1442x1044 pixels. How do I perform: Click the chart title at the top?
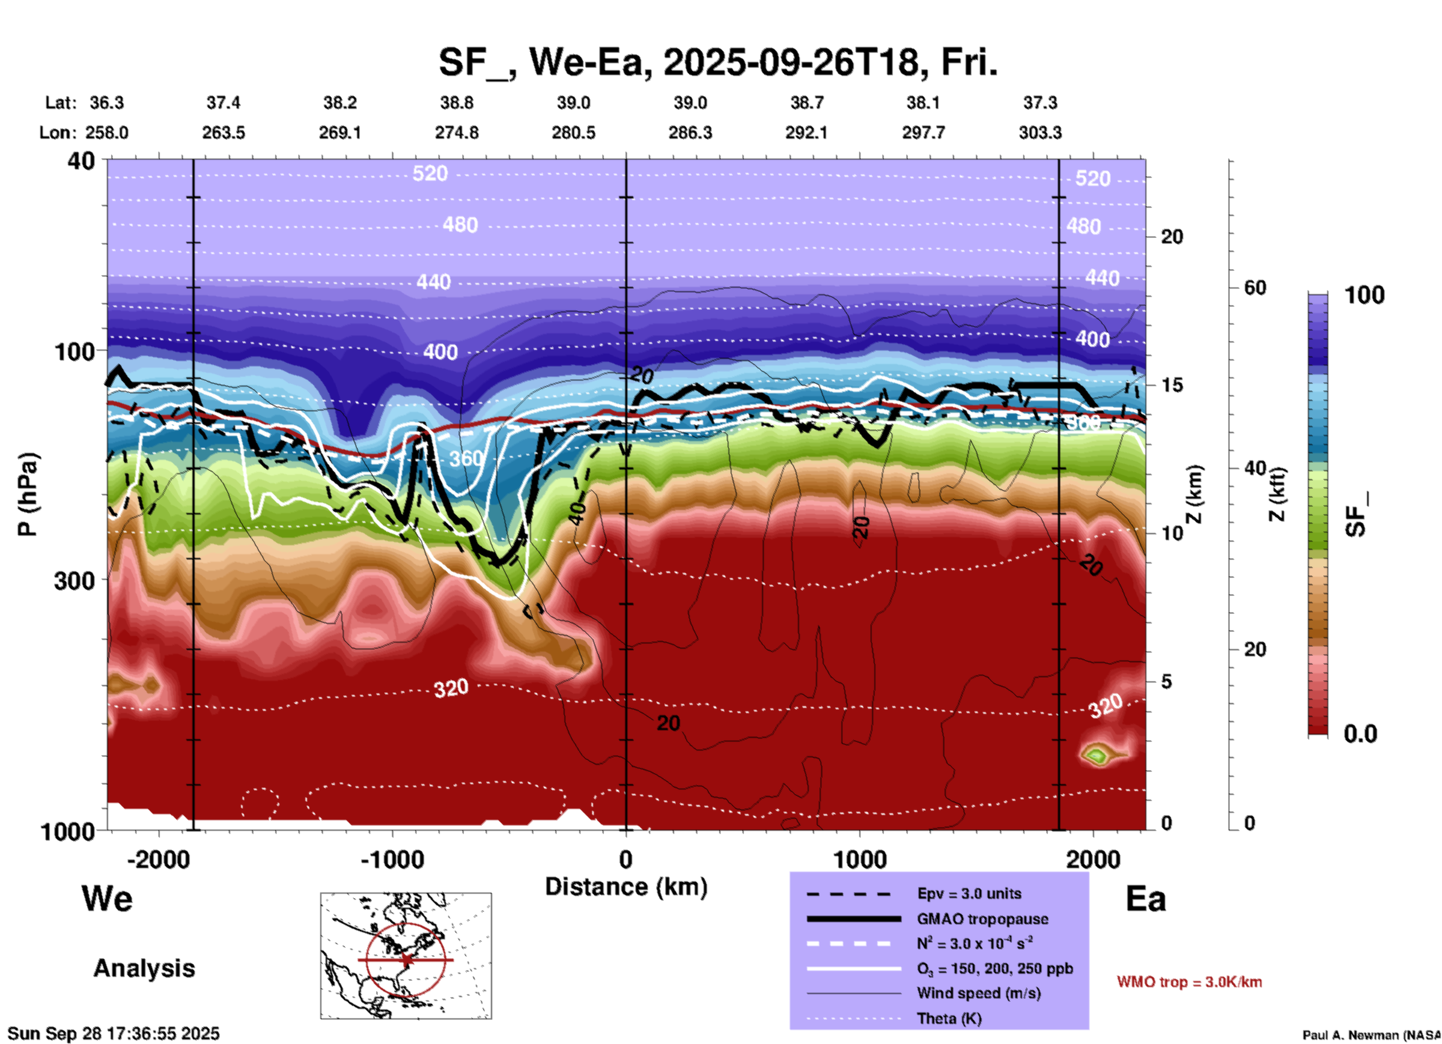pyautogui.click(x=717, y=62)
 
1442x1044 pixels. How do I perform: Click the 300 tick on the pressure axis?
pyautogui.click(x=74, y=580)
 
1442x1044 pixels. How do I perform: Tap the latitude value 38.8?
pyautogui.click(x=456, y=103)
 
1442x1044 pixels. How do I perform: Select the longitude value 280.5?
pyautogui.click(x=574, y=133)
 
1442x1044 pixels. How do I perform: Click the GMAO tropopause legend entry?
pyautogui.click(x=982, y=919)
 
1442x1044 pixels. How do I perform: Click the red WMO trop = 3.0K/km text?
pyautogui.click(x=1189, y=982)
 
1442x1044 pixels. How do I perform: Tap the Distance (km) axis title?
pyautogui.click(x=626, y=887)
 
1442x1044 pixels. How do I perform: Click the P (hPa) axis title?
pyautogui.click(x=28, y=494)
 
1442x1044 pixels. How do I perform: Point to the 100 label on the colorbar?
pyautogui.click(x=1364, y=295)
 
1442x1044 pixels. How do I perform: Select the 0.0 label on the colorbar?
pyautogui.click(x=1360, y=734)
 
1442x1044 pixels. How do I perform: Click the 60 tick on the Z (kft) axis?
pyautogui.click(x=1254, y=288)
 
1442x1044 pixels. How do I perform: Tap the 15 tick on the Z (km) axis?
pyautogui.click(x=1172, y=385)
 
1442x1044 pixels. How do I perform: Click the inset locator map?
pyautogui.click(x=406, y=956)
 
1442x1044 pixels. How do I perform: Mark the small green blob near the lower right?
pyautogui.click(x=1096, y=754)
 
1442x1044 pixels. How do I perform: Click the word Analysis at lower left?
pyautogui.click(x=144, y=968)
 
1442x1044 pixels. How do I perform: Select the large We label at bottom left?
pyautogui.click(x=107, y=898)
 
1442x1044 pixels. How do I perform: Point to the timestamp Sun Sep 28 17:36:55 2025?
pyautogui.click(x=114, y=1034)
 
